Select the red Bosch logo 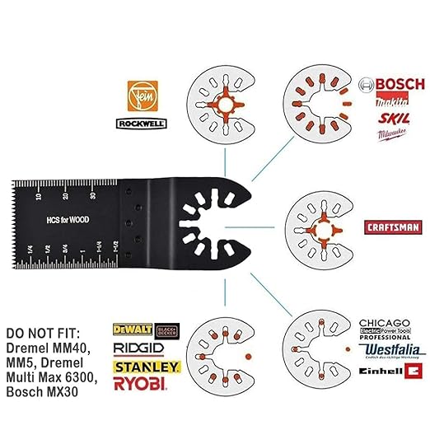(x=392, y=86)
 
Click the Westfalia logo (x=392, y=351)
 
